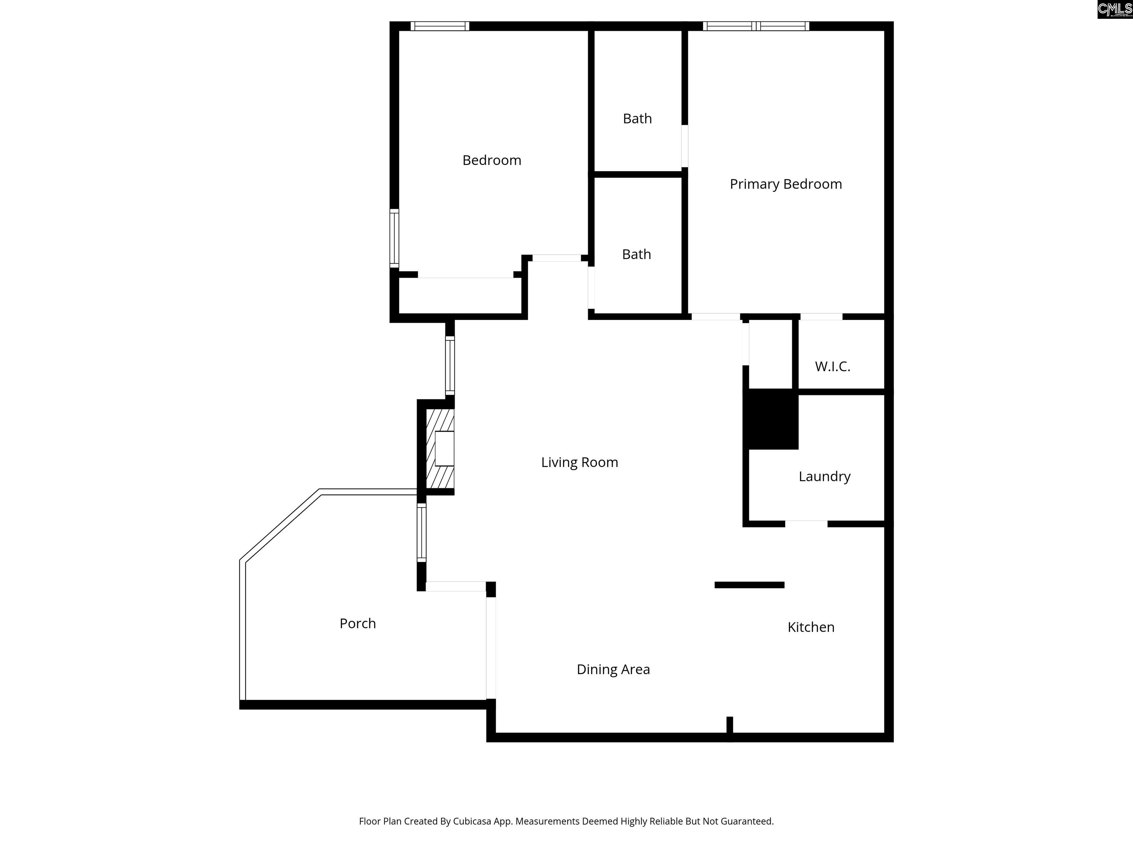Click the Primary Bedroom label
tap(786, 184)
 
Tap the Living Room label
tap(579, 462)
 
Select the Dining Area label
tap(613, 669)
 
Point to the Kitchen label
tap(811, 627)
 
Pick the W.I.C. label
tap(832, 366)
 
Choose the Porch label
tap(357, 623)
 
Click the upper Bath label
tap(637, 118)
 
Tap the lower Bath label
tap(636, 254)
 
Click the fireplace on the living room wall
tap(440, 448)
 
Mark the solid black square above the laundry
tap(773, 419)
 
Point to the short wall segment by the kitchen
tap(749, 585)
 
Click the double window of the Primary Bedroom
tap(756, 26)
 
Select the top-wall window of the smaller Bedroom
tap(440, 26)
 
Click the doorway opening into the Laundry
tap(806, 524)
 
